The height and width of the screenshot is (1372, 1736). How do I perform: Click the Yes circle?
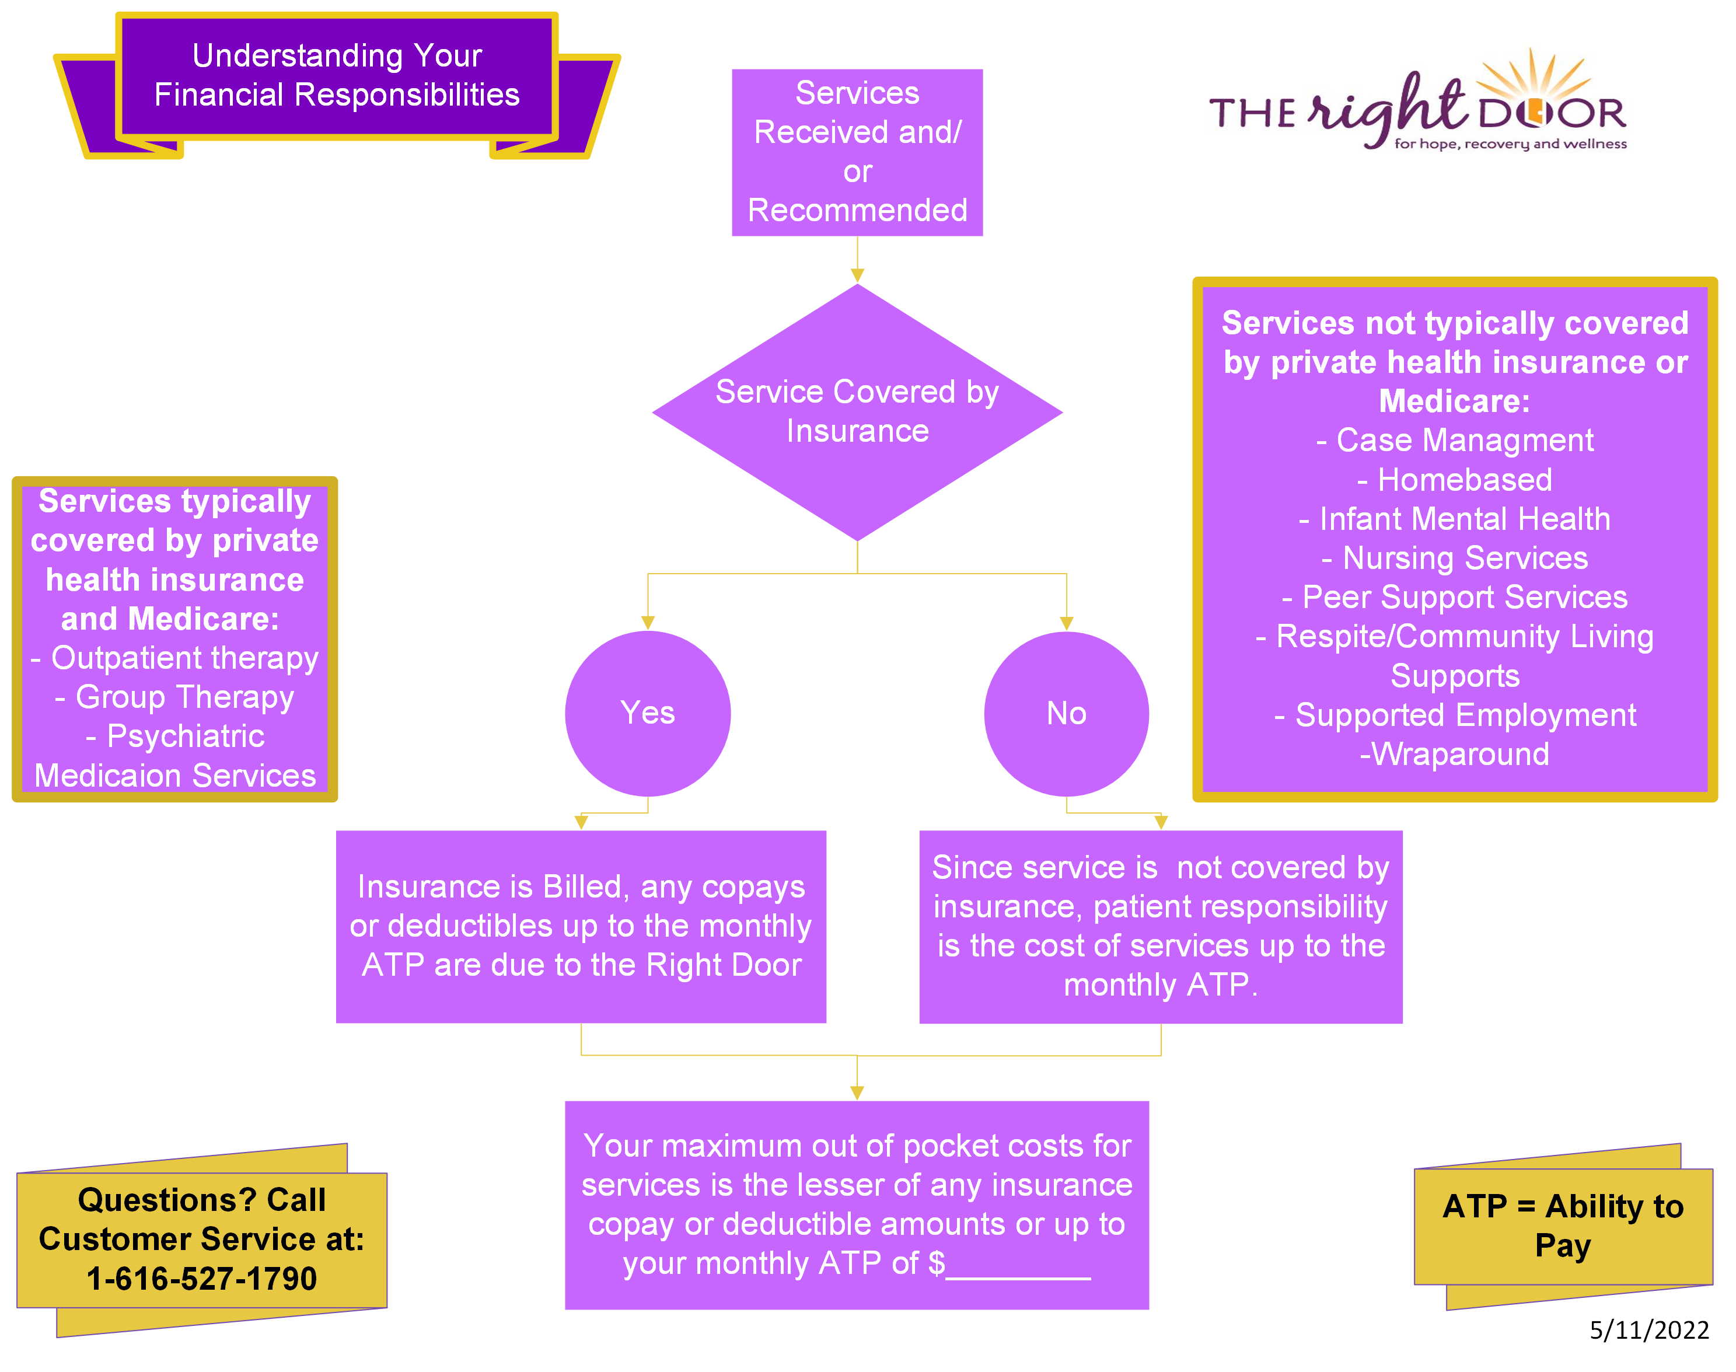pyautogui.click(x=648, y=713)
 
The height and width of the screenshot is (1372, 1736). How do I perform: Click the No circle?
pyautogui.click(x=1066, y=713)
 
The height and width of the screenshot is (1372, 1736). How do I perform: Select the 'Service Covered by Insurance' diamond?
pyautogui.click(x=857, y=411)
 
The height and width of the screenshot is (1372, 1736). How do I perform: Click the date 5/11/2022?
pyautogui.click(x=1648, y=1330)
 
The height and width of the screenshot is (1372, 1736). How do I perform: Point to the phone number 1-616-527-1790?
pyautogui.click(x=202, y=1278)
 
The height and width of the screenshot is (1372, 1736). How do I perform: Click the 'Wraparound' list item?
pyautogui.click(x=1455, y=754)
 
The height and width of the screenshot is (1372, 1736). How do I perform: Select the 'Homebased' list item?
pyautogui.click(x=1455, y=480)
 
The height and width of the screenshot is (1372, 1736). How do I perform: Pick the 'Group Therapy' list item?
pyautogui.click(x=175, y=696)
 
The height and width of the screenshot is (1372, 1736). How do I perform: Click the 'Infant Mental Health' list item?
pyautogui.click(x=1455, y=519)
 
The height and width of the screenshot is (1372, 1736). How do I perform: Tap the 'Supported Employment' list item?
pyautogui.click(x=1455, y=715)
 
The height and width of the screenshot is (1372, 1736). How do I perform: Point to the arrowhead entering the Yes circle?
pyautogui.click(x=648, y=623)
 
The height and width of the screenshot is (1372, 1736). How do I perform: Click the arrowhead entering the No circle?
pyautogui.click(x=1066, y=623)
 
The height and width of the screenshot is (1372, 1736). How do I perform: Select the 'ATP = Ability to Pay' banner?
pyautogui.click(x=1563, y=1225)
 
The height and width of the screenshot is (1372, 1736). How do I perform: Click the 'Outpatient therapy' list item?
pyautogui.click(x=175, y=658)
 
